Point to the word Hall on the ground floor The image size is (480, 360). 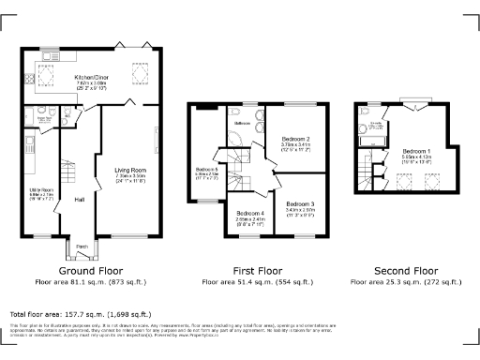pos(81,199)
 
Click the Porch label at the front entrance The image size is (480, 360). pos(82,247)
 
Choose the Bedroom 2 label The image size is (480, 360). pos(297,139)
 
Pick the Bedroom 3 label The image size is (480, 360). pos(300,203)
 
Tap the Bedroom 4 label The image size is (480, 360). pos(250,213)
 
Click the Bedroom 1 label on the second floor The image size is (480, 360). pos(417,151)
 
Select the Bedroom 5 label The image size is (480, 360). pos(206,170)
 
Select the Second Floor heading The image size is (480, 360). pos(408,271)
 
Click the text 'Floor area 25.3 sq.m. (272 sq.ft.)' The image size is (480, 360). pos(408,281)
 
